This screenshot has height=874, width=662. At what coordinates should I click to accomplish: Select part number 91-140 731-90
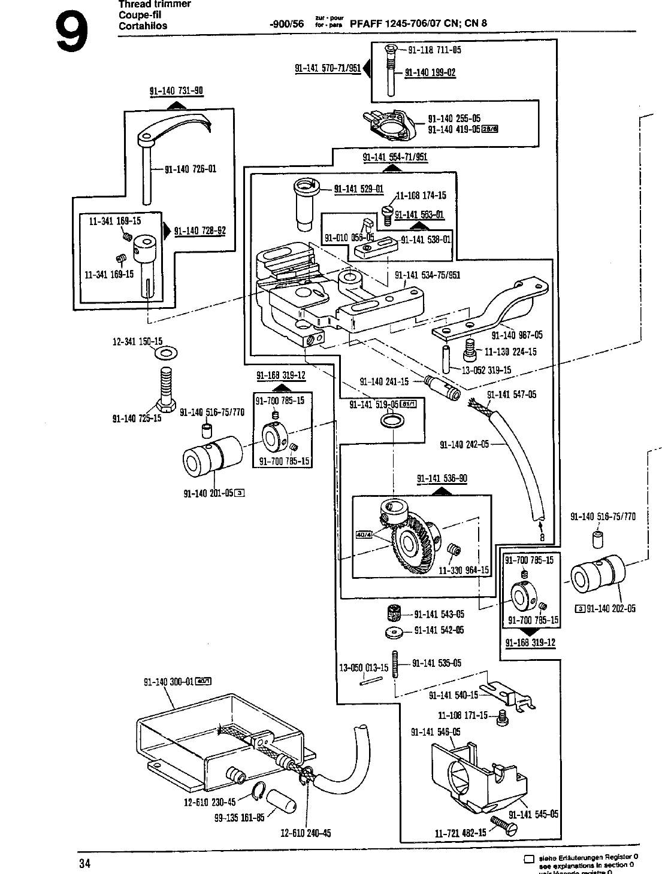pos(176,92)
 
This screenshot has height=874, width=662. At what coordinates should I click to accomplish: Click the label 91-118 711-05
pos(435,50)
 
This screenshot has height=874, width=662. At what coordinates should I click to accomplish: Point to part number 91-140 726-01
pos(191,169)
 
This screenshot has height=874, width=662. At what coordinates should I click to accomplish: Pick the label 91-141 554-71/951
pos(395,157)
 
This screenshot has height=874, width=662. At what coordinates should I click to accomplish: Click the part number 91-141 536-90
pos(442,478)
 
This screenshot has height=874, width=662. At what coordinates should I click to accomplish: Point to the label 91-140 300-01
pos(169,681)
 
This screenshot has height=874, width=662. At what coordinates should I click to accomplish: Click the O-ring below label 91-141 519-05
pos(392,424)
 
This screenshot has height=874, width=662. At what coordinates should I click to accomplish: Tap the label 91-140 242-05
pos(464,444)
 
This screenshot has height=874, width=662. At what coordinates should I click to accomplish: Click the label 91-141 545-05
pos(533,814)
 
